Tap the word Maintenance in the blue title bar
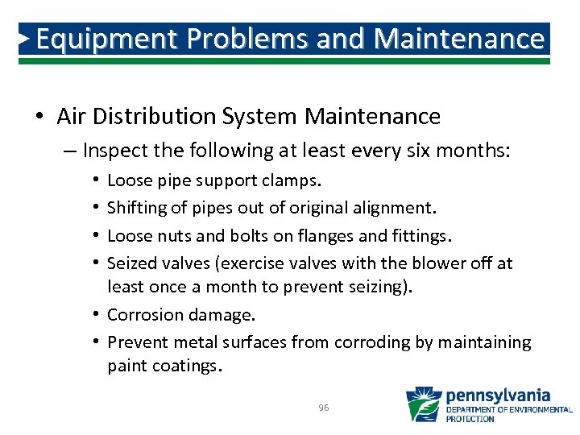point(459,38)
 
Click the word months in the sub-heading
point(477,151)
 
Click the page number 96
point(323,408)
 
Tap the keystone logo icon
point(423,404)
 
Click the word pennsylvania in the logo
point(498,396)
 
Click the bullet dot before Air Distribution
point(39,118)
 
